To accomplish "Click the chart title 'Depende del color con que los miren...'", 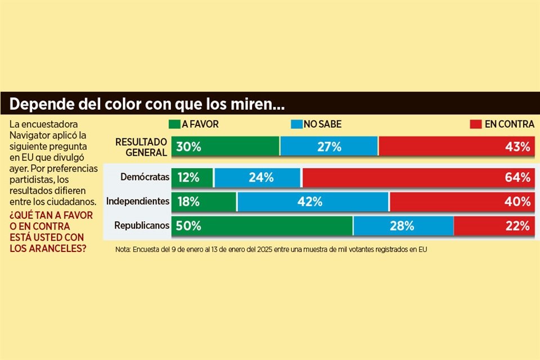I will (x=147, y=104).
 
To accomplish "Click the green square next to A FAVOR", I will (x=174, y=124).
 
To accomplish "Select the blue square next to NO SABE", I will (x=296, y=124).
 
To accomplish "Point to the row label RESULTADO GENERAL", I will (x=141, y=147).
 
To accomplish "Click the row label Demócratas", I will (x=145, y=177).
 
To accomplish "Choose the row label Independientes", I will (x=138, y=201).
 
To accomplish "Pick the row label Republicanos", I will (x=142, y=226).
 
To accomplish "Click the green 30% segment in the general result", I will (x=225, y=147).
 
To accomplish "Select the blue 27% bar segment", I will (x=329, y=147).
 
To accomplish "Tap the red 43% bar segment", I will (x=456, y=147).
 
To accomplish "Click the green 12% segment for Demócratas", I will (x=192, y=177).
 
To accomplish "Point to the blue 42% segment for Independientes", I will (x=313, y=201).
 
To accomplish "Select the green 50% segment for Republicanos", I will (x=262, y=226).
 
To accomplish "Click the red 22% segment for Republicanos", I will (x=493, y=226).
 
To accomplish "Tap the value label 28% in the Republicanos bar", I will (x=402, y=226).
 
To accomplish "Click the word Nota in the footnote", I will (x=123, y=249).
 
